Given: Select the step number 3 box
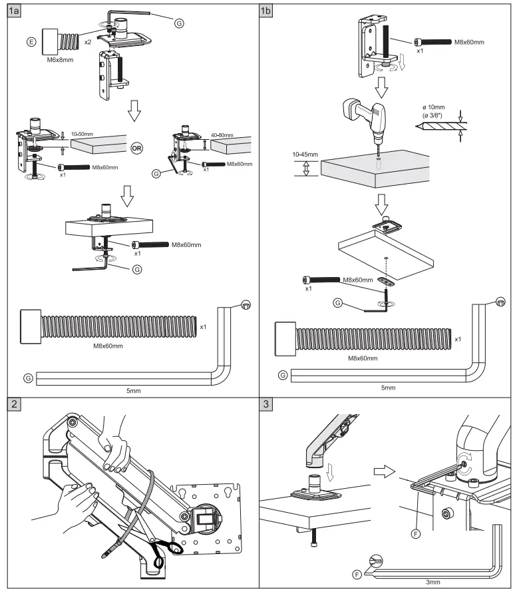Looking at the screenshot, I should point(267,405).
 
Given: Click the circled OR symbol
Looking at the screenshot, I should point(136,148).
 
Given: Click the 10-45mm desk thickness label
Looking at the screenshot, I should point(304,154).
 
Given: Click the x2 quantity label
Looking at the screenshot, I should point(88,41).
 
